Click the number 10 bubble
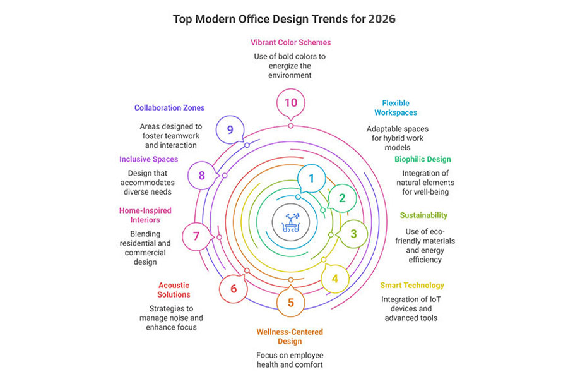(290, 102)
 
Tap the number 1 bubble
(310, 179)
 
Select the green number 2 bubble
(342, 198)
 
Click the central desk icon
(290, 221)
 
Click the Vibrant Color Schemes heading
(291, 42)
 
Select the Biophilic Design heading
(423, 159)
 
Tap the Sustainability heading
(423, 215)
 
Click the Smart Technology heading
(412, 285)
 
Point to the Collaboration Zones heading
(169, 108)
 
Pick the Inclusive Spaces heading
(149, 159)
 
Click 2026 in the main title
(381, 19)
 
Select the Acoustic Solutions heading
(174, 290)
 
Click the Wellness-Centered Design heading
(290, 336)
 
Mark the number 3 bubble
(353, 234)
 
